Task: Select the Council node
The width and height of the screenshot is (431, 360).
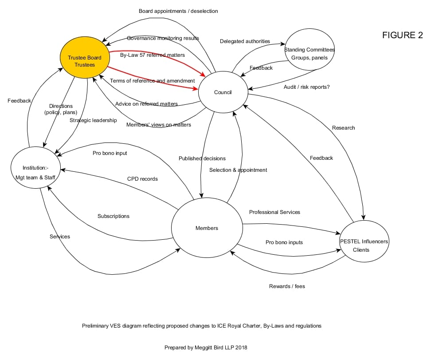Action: point(223,92)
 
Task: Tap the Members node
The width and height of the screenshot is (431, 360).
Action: point(207,228)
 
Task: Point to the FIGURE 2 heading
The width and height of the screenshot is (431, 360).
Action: point(402,36)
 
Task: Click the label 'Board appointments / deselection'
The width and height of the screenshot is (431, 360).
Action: point(178,11)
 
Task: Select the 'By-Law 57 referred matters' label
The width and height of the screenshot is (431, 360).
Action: point(153,55)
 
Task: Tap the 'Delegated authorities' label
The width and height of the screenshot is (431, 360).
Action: point(245,41)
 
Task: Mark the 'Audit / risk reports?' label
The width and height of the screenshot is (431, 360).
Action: point(306,87)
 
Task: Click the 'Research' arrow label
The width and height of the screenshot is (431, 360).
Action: point(343,128)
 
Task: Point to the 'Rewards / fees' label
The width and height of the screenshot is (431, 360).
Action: point(287,286)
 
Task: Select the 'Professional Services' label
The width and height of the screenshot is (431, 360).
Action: point(274,212)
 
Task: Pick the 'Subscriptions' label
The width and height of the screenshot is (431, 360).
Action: point(114,216)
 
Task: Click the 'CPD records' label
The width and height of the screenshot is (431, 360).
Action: point(142,179)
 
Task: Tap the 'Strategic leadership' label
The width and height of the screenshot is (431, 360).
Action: point(93,120)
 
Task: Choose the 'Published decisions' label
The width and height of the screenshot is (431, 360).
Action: point(202,158)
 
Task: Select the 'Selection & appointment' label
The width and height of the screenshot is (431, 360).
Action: point(238,170)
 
